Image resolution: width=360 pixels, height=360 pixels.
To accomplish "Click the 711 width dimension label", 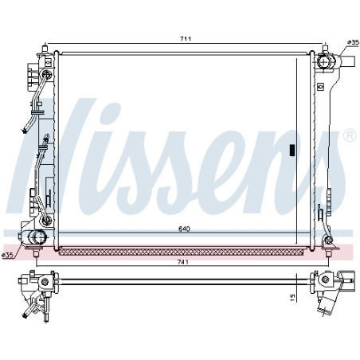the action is tap(186, 39).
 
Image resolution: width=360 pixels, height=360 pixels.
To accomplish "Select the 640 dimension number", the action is tap(184, 229).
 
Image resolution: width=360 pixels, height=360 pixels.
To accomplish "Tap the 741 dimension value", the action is tap(183, 262).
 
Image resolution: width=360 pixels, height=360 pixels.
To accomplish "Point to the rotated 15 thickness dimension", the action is tap(292, 297).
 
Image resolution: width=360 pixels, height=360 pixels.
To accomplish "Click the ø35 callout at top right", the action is tap(353, 42).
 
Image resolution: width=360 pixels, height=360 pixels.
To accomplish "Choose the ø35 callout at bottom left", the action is tap(7, 255).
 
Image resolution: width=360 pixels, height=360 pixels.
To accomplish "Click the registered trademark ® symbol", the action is tap(350, 135).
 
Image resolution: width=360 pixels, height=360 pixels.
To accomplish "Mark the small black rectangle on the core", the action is tap(292, 150).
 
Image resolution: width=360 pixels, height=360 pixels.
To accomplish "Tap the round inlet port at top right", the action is tap(324, 61).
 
